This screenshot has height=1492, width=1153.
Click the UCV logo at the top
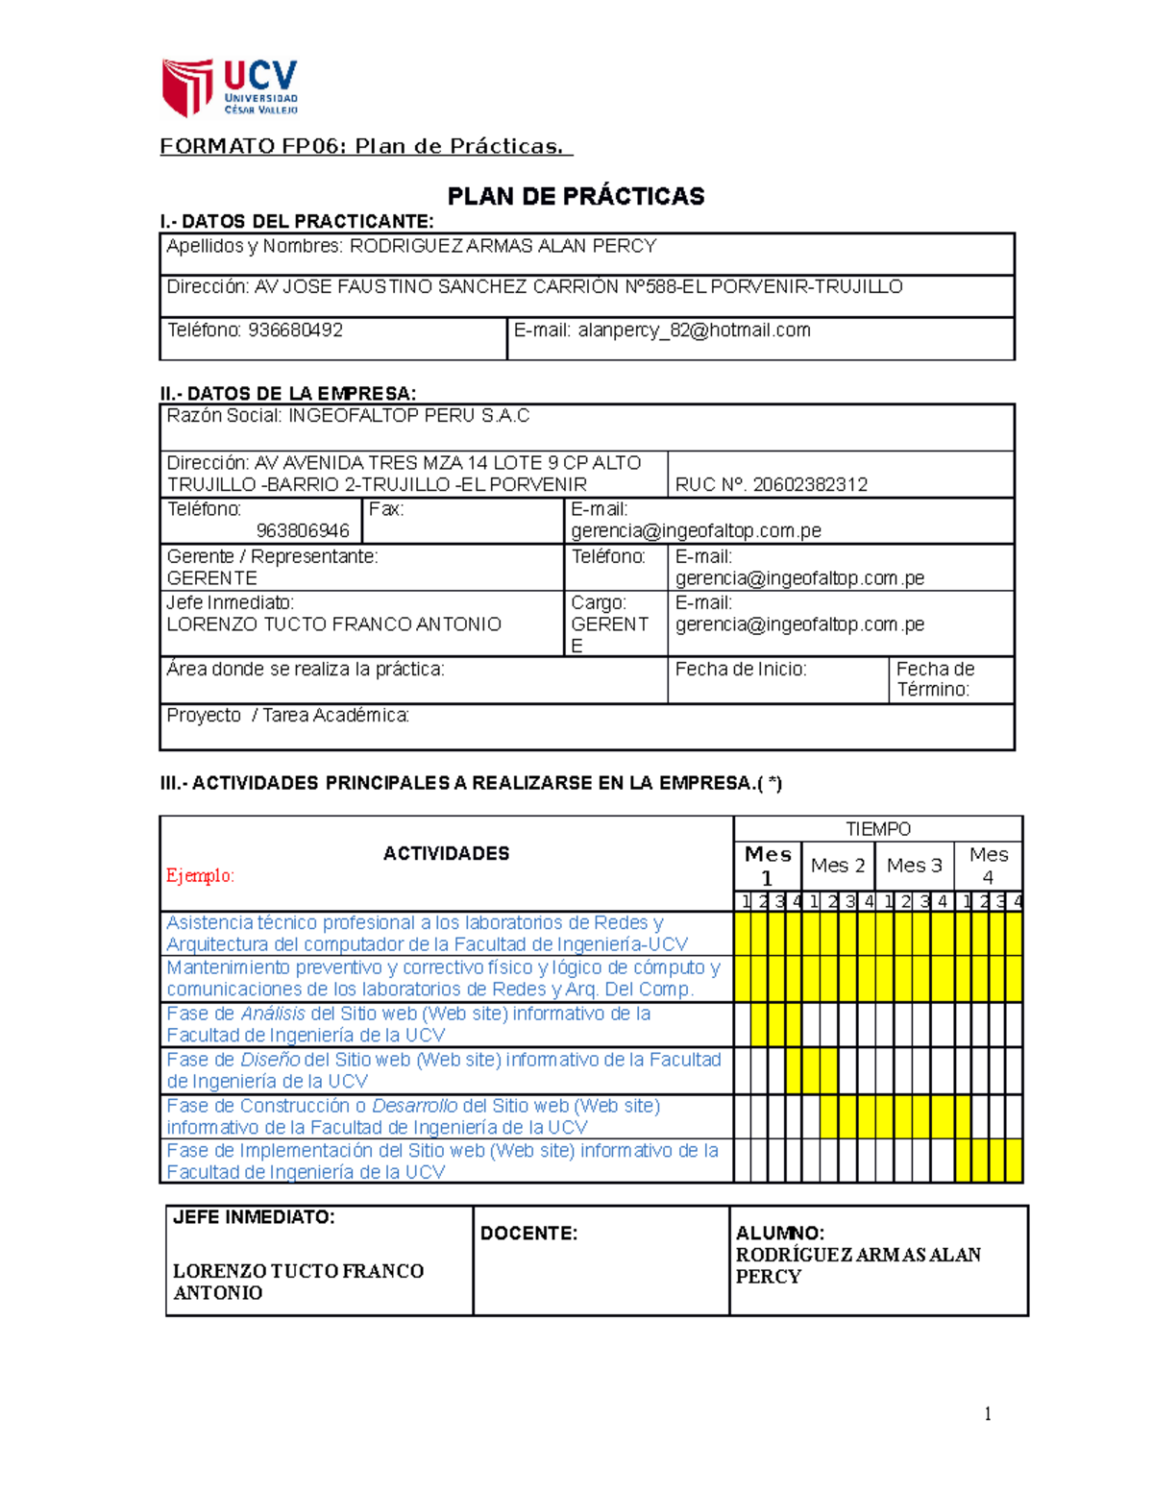click(x=230, y=87)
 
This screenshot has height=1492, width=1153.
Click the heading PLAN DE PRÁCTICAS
click(x=576, y=197)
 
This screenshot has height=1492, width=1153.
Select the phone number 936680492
click(x=295, y=330)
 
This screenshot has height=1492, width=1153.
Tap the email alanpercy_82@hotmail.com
click(x=694, y=330)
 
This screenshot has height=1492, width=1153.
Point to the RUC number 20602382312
click(x=810, y=484)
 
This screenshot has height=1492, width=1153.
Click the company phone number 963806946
click(x=303, y=530)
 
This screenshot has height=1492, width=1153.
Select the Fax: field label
click(x=386, y=509)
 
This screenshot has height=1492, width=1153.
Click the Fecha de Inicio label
click(x=740, y=670)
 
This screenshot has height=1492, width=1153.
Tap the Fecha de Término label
click(x=935, y=679)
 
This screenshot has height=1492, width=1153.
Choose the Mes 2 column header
click(x=837, y=866)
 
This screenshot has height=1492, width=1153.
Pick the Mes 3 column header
click(x=914, y=866)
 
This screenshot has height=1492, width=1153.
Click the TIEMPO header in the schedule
click(x=877, y=829)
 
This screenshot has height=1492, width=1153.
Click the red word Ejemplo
click(x=200, y=875)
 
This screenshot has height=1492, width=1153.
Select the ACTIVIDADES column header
click(x=446, y=853)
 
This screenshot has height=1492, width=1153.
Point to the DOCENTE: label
click(x=528, y=1234)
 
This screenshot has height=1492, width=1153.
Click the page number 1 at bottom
click(x=987, y=1413)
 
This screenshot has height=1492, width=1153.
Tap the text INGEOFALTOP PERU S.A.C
click(x=408, y=416)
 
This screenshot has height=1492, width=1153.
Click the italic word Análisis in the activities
click(x=273, y=1014)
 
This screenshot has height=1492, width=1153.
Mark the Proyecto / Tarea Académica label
click(x=287, y=716)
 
